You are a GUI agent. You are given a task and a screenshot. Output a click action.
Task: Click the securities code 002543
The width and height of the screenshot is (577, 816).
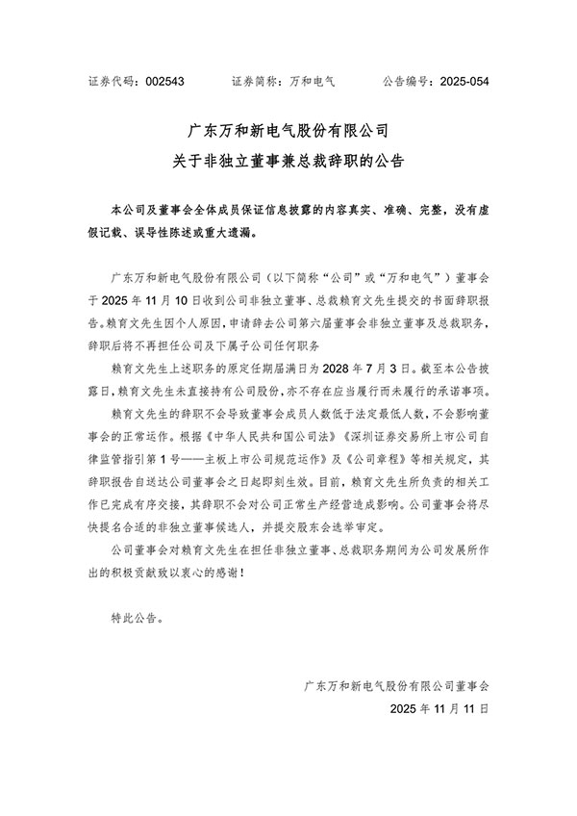pos(165,82)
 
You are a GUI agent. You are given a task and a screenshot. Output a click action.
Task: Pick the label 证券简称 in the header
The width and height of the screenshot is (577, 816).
pos(258,82)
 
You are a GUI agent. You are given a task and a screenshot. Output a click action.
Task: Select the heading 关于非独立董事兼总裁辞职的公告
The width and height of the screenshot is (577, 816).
pos(288,163)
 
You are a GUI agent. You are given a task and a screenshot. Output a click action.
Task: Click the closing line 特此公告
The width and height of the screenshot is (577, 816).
pos(137,613)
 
